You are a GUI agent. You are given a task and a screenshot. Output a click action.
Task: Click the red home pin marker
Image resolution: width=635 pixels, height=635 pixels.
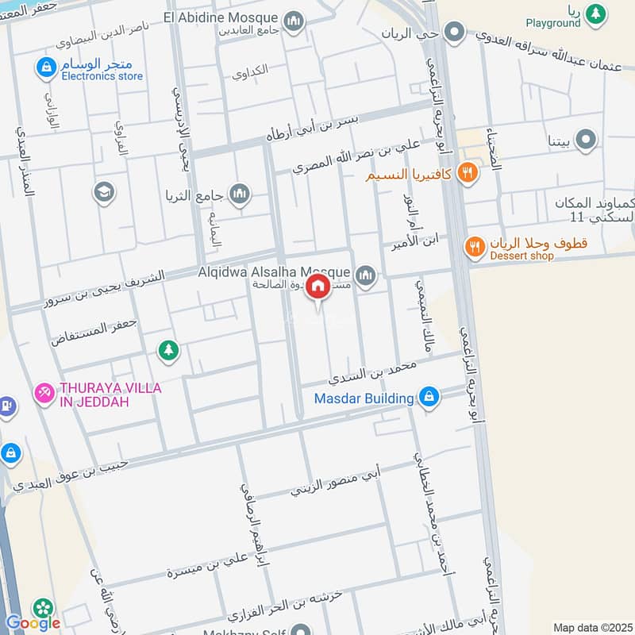point(317,286)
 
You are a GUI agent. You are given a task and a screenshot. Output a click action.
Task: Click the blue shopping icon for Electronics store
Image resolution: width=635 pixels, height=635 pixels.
point(44,68)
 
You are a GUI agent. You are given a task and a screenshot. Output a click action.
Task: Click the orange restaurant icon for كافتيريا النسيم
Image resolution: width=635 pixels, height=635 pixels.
point(468,171)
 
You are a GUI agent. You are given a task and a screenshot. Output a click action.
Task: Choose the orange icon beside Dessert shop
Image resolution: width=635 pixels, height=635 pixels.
point(475,246)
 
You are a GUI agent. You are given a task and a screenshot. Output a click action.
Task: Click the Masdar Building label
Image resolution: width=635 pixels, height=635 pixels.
point(364,398)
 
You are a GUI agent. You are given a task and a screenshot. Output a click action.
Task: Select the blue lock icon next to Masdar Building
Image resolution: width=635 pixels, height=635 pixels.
point(429,397)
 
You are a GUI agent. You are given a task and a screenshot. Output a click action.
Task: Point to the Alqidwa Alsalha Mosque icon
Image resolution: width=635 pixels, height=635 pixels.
point(365,275)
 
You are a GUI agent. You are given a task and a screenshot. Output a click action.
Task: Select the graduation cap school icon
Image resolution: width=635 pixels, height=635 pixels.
point(104,192)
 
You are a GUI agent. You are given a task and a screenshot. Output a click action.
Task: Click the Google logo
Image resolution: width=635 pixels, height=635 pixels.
point(33,622)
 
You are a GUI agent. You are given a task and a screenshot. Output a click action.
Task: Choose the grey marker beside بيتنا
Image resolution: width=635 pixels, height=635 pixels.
point(586,141)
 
